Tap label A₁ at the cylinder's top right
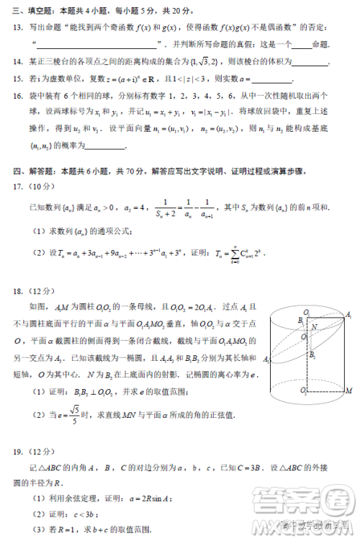pyautogui.click(x=348, y=315)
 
